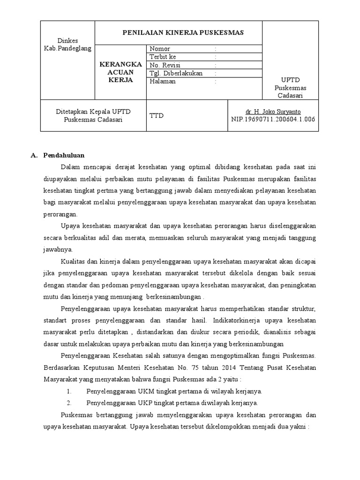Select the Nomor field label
160,49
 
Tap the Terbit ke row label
163,57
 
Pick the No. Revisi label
165,65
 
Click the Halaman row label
163,81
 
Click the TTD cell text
157,115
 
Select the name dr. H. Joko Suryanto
273,112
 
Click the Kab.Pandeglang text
67,48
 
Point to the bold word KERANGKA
120,64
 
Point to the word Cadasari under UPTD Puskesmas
291,96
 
